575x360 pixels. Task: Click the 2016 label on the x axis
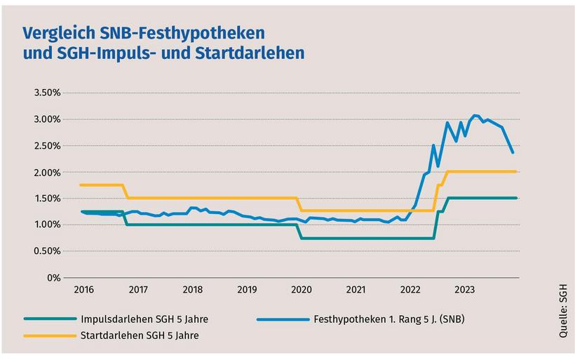83,289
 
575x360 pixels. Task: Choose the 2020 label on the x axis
301,289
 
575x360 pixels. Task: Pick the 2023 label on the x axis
464,289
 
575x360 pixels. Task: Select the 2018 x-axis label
192,289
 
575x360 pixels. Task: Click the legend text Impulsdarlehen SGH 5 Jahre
143,319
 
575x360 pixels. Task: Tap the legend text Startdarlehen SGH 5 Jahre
140,335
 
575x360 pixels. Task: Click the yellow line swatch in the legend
49,335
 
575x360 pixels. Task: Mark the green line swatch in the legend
49,319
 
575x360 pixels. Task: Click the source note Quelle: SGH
564,308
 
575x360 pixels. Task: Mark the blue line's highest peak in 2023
475,115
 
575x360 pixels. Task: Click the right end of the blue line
513,152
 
